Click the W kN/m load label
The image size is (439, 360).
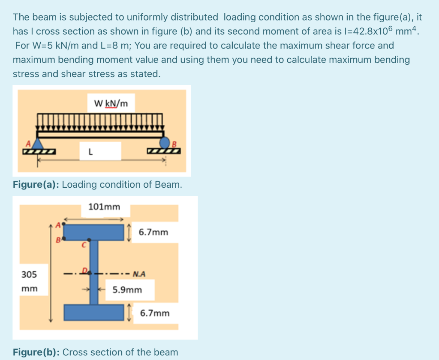[111, 103]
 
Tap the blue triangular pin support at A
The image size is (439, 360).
[39, 143]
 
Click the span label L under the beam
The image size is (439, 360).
[90, 151]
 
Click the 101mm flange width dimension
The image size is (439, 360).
[104, 207]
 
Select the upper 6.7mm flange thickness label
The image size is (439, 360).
[153, 232]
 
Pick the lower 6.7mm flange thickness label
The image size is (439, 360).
[155, 313]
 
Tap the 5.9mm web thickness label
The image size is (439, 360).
[127, 290]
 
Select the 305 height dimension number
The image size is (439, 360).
[29, 274]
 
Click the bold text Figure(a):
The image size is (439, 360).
[36, 185]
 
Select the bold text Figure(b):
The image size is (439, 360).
[36, 352]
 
